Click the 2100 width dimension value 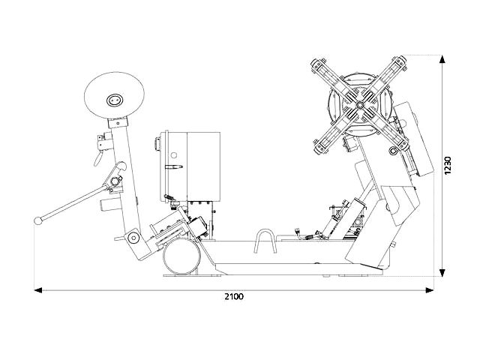(x=234, y=296)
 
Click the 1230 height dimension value (x=448, y=165)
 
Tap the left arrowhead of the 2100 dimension (x=37, y=290)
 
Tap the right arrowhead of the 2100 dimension (x=430, y=290)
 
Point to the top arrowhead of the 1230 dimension (x=442, y=59)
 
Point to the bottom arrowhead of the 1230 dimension (x=442, y=272)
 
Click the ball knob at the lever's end (x=38, y=220)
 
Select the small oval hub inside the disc (x=115, y=100)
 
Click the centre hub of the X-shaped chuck (x=359, y=105)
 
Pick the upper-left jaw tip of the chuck (x=317, y=65)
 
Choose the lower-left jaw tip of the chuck (x=320, y=146)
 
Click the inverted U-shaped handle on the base (x=265, y=241)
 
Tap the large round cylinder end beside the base (x=181, y=256)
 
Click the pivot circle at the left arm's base (x=133, y=237)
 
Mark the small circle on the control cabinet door (x=174, y=155)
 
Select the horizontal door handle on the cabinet (x=173, y=166)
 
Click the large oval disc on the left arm (x=114, y=96)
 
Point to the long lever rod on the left (x=73, y=202)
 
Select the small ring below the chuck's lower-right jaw (x=393, y=150)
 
